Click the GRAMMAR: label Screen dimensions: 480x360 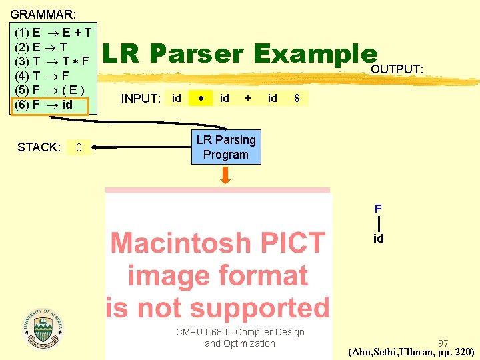point(43,13)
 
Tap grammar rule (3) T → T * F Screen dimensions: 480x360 point(52,61)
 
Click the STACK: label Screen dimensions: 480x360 point(39,147)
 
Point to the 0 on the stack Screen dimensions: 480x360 point(79,147)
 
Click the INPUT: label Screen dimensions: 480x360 point(141,99)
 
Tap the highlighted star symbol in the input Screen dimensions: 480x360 point(200,99)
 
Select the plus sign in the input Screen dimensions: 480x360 point(248,98)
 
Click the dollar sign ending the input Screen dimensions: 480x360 point(297,99)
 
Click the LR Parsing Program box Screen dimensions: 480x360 point(225,147)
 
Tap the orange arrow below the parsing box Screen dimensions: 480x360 point(226,175)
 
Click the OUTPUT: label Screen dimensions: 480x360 point(397,69)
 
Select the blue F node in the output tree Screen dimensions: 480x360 point(378,209)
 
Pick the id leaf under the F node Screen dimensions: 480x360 point(378,239)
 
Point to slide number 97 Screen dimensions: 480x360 point(443,343)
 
